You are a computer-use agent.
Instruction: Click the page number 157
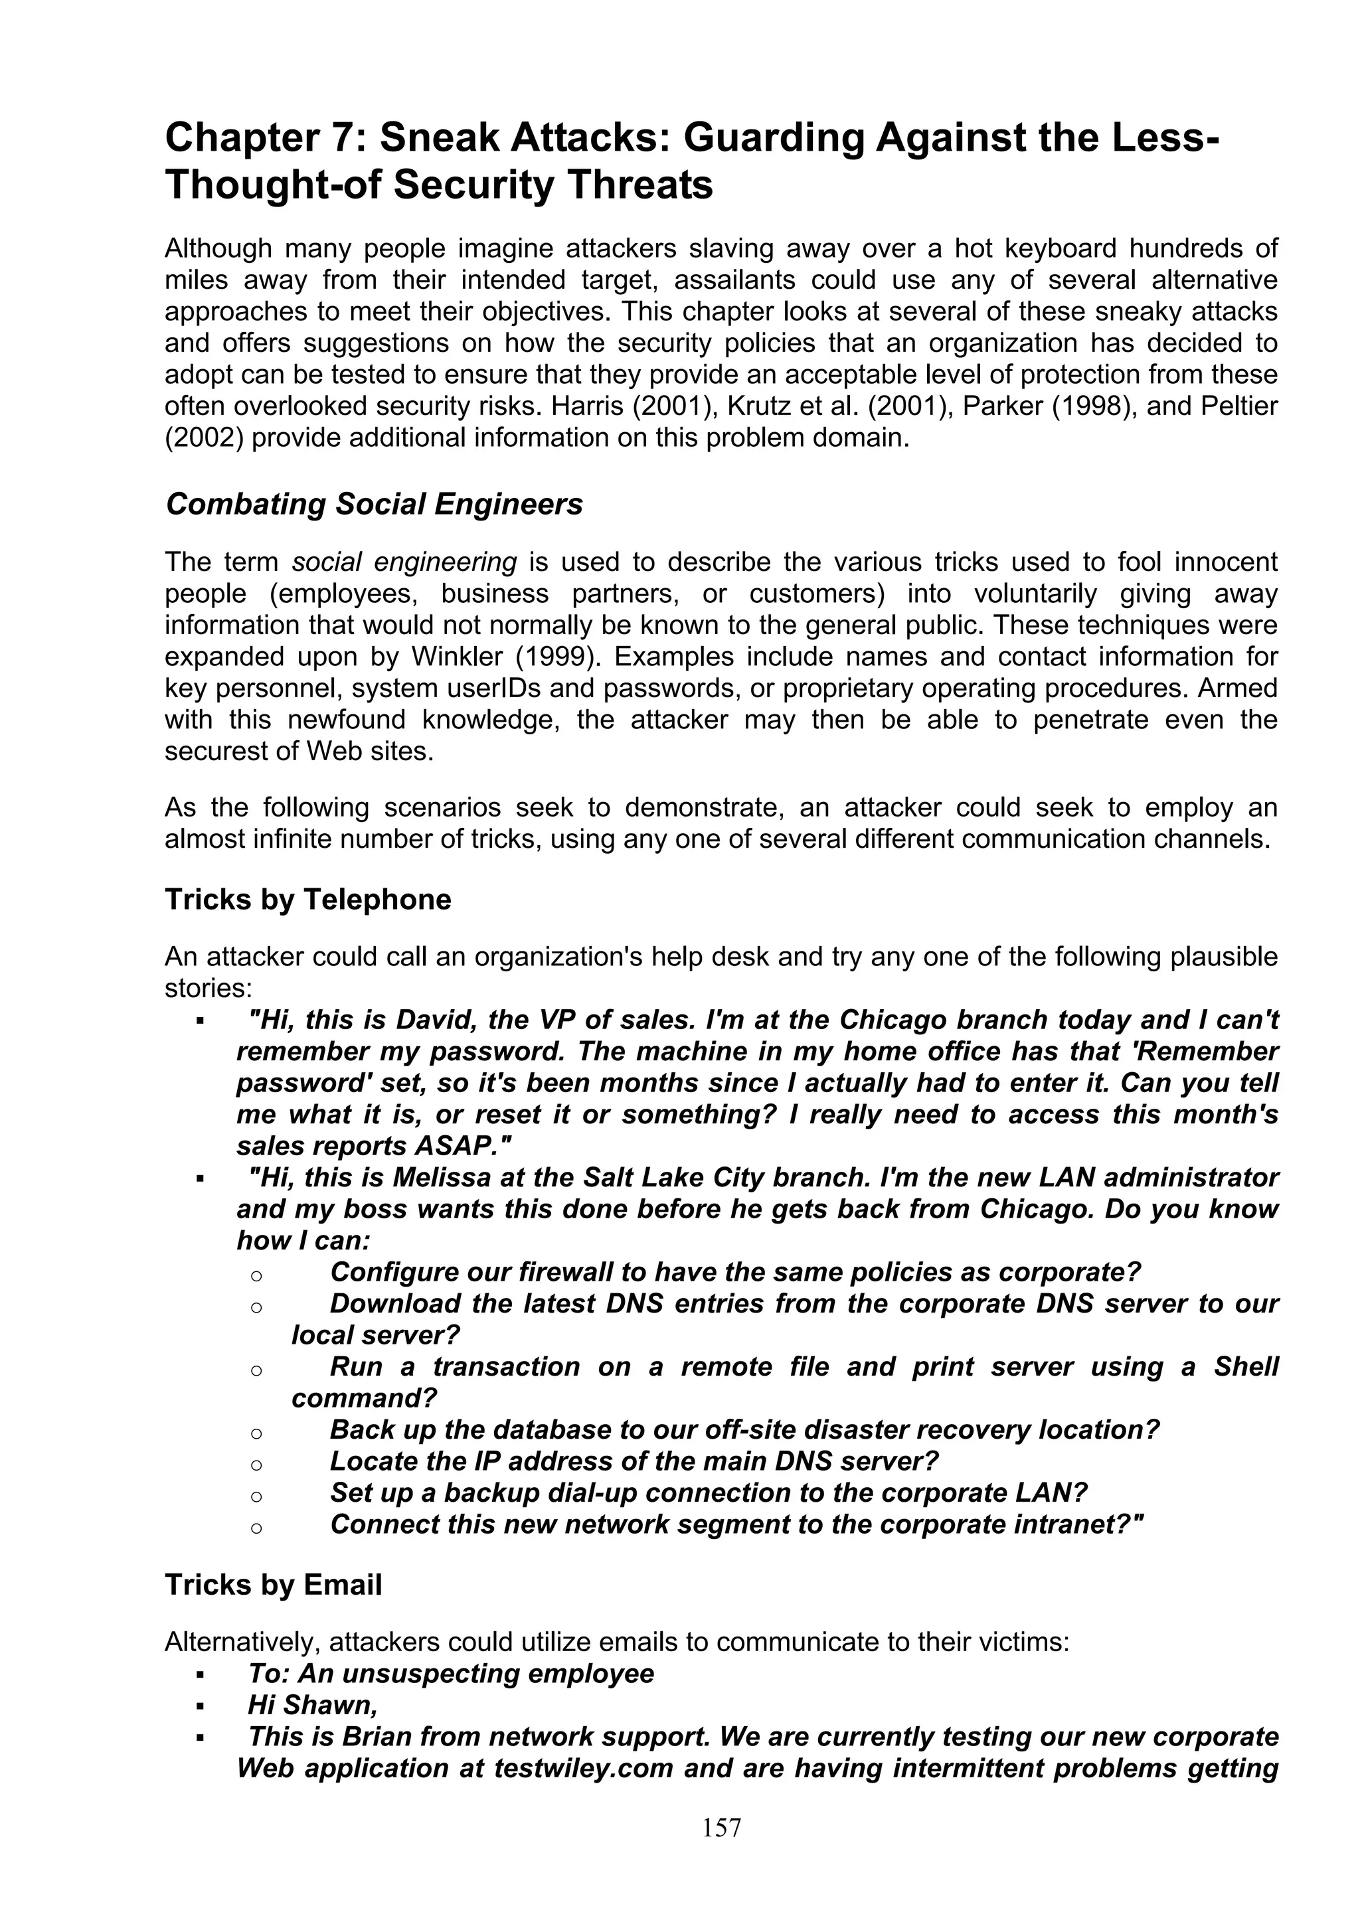721,1827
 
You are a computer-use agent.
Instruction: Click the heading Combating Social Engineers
374,505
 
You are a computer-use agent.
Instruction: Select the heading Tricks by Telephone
307,899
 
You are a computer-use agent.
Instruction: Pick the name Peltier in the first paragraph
1238,406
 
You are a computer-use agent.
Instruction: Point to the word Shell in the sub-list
1245,1367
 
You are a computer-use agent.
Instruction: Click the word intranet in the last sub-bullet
1081,1524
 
